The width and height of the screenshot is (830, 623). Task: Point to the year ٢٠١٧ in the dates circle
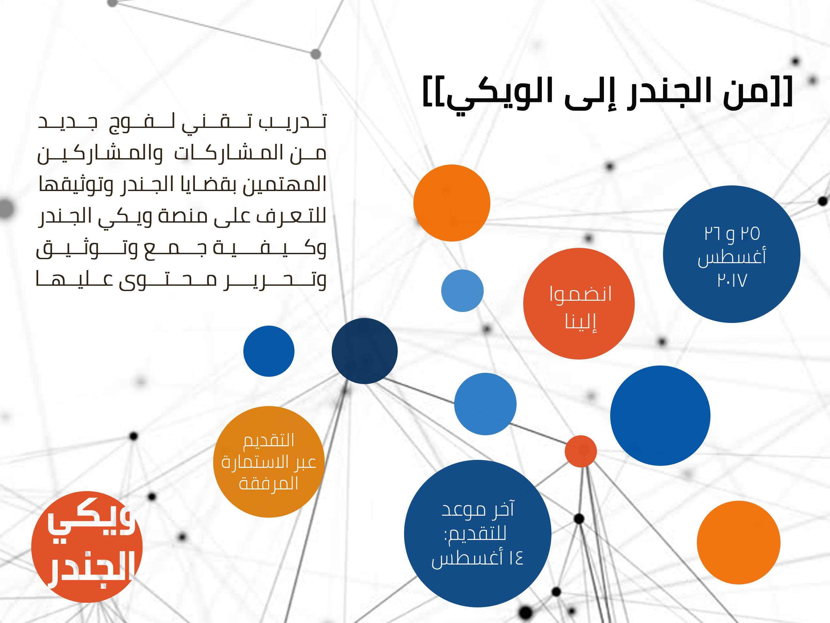(732, 280)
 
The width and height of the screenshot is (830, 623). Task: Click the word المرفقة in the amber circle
(269, 483)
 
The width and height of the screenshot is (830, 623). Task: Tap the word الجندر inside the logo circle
(91, 568)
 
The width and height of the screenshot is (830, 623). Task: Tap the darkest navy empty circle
(364, 351)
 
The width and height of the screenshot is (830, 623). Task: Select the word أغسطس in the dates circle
(732, 257)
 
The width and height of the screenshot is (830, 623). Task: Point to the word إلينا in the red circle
(580, 321)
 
